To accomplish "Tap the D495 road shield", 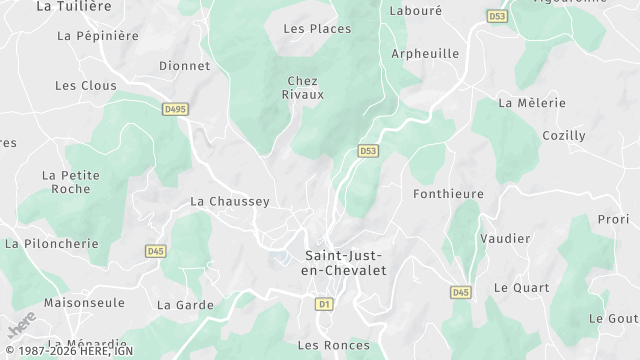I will [x=175, y=108].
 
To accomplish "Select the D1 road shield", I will [x=323, y=303].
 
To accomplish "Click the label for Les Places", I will [x=317, y=29].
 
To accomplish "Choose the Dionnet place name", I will [x=184, y=66].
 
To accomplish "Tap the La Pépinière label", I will [x=97, y=36].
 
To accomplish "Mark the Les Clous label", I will [x=85, y=86].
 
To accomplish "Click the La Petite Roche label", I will [x=70, y=182].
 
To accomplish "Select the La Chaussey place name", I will [x=230, y=202].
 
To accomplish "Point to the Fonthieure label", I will [x=448, y=194].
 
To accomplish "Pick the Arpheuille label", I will [x=425, y=54].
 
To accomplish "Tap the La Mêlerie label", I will [x=532, y=103].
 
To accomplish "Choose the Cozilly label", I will [x=563, y=136].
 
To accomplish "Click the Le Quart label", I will [x=521, y=288].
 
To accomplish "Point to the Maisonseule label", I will [x=84, y=302].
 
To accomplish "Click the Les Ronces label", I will [x=333, y=346].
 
